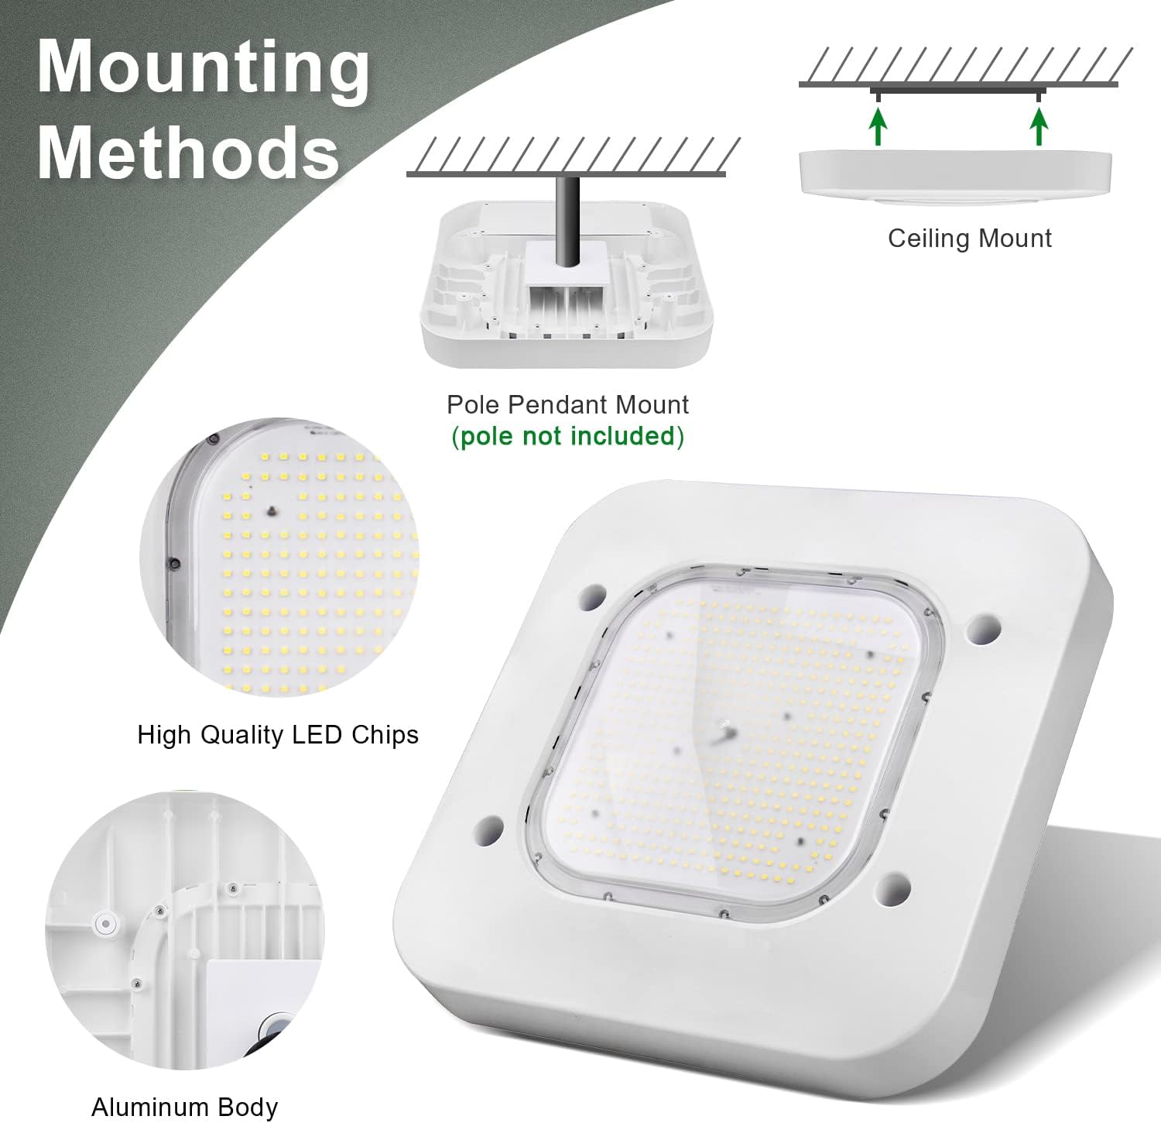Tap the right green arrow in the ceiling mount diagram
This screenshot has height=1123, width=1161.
1039,127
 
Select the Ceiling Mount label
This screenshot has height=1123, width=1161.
970,239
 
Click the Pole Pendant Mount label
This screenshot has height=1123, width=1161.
568,404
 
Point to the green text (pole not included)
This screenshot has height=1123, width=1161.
568,437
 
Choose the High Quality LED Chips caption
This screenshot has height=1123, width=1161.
278,735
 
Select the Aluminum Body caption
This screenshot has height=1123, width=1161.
185,1108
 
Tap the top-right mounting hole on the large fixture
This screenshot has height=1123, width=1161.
985,628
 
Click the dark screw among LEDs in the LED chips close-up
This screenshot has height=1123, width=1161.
272,512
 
